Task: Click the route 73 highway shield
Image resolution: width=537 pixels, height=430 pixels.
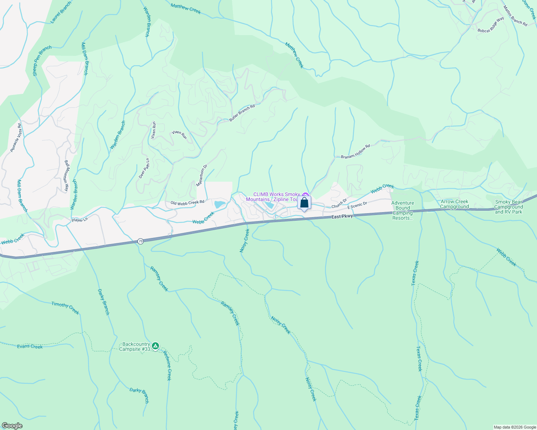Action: tap(140, 242)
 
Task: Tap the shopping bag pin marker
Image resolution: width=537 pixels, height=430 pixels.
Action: tap(304, 203)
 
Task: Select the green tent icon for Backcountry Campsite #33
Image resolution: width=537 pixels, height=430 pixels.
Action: tap(155, 346)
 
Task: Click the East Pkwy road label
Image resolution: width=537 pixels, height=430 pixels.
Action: tap(342, 217)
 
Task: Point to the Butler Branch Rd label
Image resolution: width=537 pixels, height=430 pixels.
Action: tap(242, 113)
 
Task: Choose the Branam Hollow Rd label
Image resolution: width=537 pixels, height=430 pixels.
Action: tap(355, 152)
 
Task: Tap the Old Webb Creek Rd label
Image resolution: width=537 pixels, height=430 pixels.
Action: tap(187, 203)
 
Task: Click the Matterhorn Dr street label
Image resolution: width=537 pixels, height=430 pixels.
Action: tap(202, 176)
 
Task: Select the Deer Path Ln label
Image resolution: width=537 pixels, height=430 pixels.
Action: tap(144, 168)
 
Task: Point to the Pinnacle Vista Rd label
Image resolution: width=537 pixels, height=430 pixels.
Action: tap(16, 138)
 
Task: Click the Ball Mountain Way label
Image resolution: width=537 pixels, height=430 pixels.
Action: tap(66, 176)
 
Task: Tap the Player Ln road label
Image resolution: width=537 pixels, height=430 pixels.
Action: tap(80, 220)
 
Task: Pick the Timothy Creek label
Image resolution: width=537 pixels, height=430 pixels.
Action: tap(65, 307)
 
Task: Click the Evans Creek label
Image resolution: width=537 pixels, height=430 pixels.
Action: tap(30, 347)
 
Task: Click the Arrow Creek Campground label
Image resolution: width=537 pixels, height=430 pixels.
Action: tap(454, 204)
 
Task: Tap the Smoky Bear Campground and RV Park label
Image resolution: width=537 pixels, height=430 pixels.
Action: tap(509, 207)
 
